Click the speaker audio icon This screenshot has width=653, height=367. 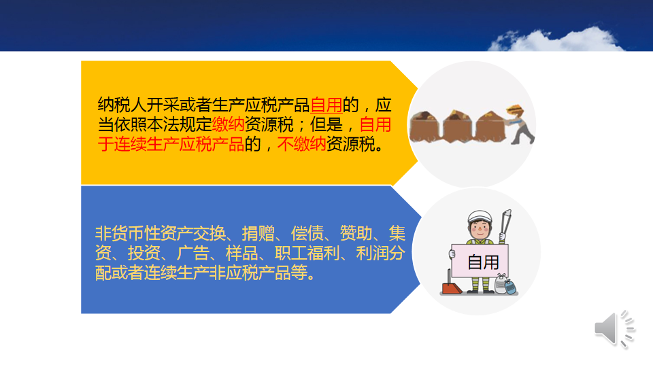614,329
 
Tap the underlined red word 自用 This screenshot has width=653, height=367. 326,105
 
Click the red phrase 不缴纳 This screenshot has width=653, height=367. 301,144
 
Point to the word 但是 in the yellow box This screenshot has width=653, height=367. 326,124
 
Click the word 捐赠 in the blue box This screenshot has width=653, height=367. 258,233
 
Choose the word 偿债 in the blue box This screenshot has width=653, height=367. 307,233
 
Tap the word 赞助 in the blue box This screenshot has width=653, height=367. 356,233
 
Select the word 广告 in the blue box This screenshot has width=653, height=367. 192,253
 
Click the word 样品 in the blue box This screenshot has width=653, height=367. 242,253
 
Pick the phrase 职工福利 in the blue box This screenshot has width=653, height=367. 307,253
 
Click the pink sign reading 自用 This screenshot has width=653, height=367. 480,261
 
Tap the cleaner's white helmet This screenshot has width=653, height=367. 480,217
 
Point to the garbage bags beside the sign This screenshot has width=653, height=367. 505,285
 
